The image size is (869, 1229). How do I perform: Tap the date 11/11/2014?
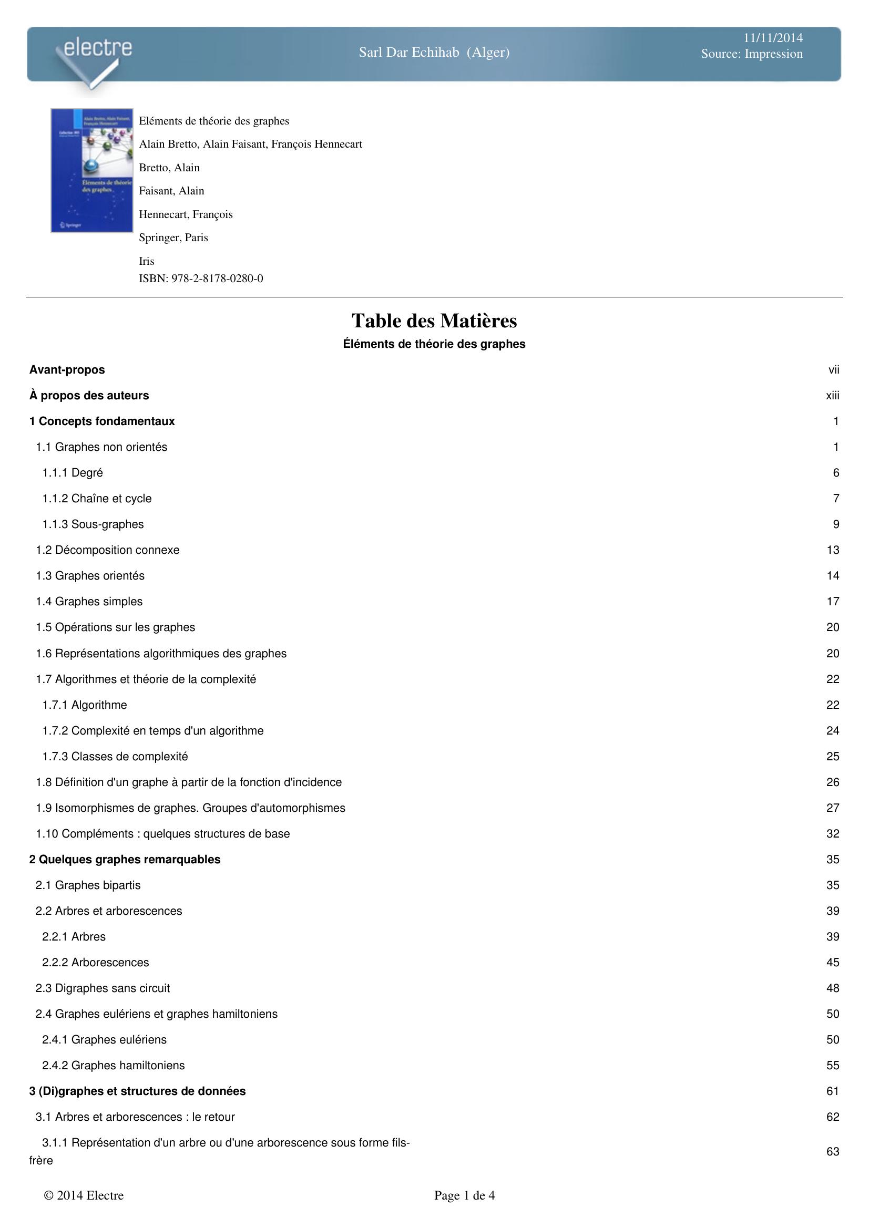773,37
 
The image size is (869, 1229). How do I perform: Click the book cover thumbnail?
91,170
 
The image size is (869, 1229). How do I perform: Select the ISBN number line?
201,278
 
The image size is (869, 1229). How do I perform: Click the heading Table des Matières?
434,321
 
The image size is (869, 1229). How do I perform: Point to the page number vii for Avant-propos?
834,370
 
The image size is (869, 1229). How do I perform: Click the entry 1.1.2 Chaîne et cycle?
97,498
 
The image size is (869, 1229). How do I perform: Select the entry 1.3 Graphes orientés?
90,575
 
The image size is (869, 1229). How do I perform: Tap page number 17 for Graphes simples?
833,602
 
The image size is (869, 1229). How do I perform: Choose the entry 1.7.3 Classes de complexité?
115,756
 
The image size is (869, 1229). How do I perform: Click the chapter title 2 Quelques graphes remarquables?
125,859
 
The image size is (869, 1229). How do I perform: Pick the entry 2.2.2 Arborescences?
95,963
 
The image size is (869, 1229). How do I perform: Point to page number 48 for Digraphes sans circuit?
833,988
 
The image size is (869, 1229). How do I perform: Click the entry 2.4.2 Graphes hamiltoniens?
114,1065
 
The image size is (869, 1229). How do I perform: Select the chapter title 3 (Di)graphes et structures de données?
137,1091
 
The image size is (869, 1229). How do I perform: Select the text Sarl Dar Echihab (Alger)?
434,53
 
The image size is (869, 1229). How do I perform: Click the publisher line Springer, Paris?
173,237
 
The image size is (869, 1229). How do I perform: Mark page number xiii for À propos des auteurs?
833,396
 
